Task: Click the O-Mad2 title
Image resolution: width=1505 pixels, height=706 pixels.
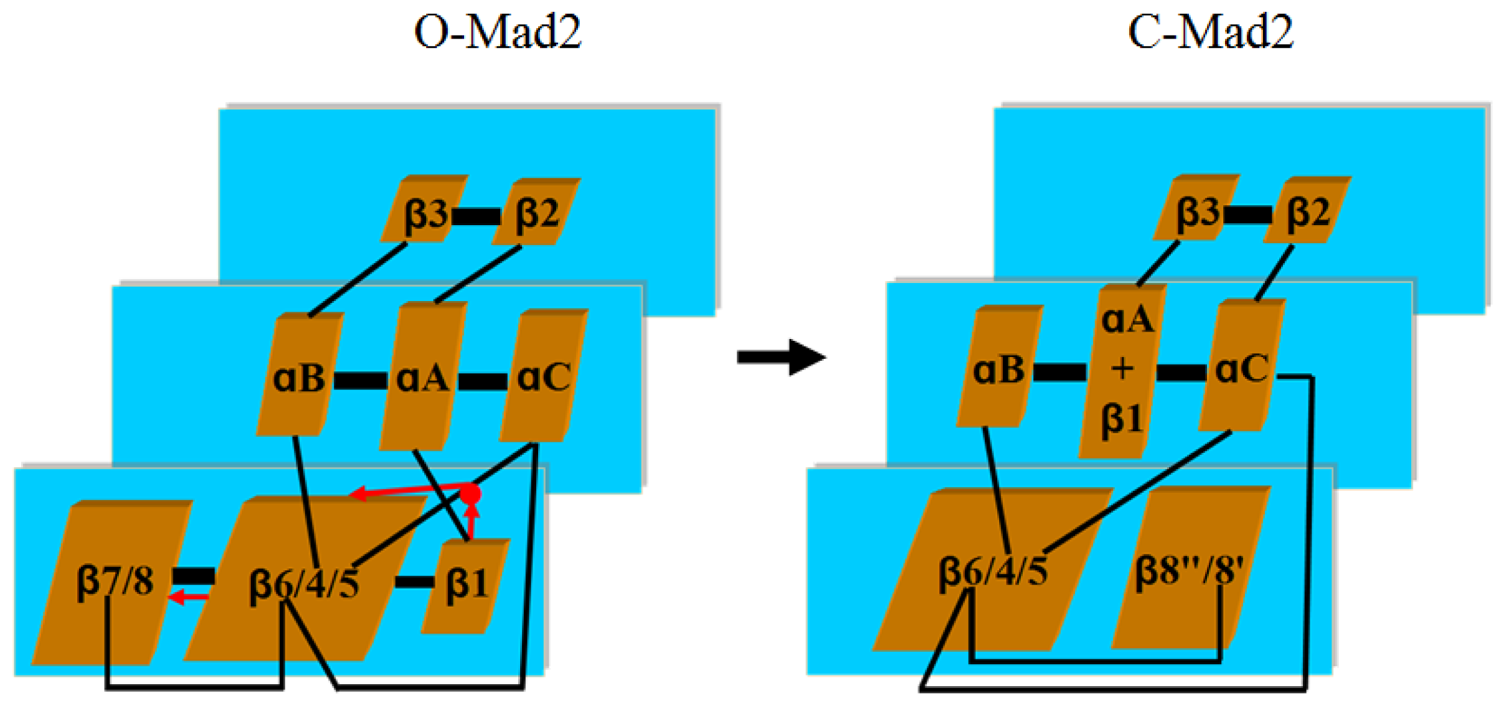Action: coord(497,32)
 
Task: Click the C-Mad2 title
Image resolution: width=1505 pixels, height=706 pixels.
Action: coord(1210,32)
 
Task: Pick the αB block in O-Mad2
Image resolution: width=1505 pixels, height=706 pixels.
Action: coord(299,377)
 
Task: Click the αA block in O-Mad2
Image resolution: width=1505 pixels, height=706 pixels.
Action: coord(422,377)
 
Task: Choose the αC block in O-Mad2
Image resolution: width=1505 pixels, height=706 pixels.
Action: coord(543,377)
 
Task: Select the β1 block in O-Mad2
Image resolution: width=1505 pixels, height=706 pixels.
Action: coord(467,585)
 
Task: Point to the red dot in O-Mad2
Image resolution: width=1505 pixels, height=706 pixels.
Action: coord(470,495)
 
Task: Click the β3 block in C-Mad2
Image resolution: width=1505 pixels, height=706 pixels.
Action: coord(1196,210)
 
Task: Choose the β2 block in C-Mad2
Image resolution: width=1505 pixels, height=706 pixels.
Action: coord(1307,211)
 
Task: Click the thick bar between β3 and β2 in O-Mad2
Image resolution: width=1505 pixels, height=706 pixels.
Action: coord(476,216)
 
